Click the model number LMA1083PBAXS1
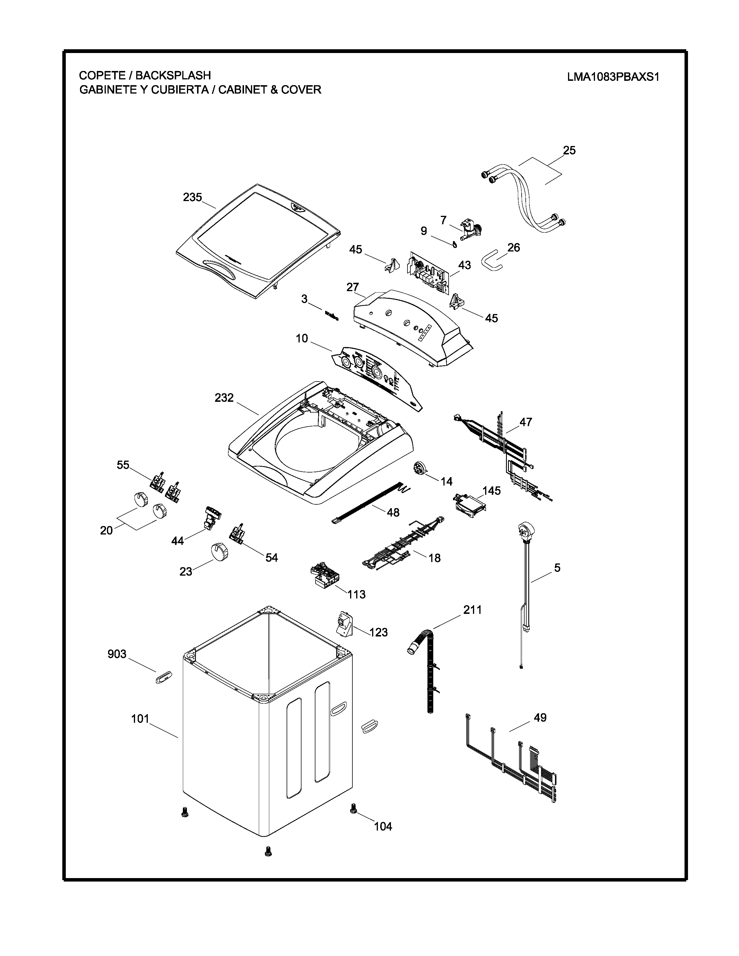(613, 77)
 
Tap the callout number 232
(224, 398)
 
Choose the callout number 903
(117, 654)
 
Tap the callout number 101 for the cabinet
(140, 719)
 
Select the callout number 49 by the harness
(540, 718)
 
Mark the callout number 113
(356, 594)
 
